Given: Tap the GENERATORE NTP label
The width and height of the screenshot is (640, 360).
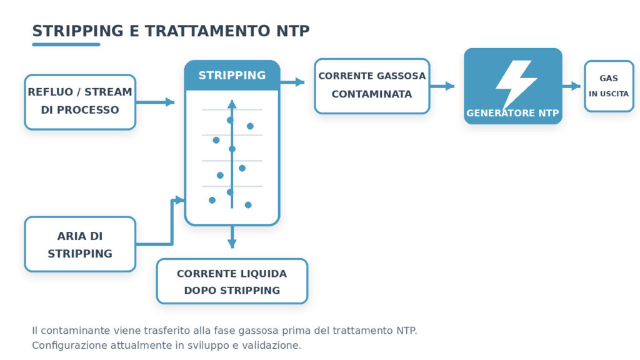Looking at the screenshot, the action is [x=512, y=113].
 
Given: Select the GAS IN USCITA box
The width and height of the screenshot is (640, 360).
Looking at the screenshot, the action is [x=609, y=86].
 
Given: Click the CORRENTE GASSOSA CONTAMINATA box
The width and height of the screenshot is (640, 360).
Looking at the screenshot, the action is [x=372, y=86].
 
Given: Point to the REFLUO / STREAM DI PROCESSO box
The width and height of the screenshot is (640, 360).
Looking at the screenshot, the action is [x=80, y=102].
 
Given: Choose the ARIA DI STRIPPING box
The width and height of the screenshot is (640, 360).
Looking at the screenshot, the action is [x=80, y=244].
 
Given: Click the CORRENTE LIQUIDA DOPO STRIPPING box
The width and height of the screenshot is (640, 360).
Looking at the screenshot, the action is [x=232, y=281].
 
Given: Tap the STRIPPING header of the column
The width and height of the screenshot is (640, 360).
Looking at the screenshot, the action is [x=232, y=75].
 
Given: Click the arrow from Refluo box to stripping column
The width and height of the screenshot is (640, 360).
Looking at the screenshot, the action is [x=155, y=102].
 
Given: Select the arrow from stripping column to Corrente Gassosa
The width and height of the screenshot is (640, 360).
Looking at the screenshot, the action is [x=292, y=82].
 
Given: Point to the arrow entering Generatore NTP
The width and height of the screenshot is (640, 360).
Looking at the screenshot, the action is [x=442, y=86].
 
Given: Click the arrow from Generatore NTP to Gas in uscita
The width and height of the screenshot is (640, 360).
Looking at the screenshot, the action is [x=571, y=86].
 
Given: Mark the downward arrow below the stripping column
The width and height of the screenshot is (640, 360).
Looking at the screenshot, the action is [x=232, y=237].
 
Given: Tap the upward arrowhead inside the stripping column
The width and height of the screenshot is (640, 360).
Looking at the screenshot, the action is [x=232, y=104].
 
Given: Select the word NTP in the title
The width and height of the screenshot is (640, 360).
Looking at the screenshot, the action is [x=293, y=31].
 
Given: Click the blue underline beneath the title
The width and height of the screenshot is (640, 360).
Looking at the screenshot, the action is [x=66, y=44].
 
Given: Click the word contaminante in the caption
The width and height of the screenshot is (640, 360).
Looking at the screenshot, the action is [x=76, y=331].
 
